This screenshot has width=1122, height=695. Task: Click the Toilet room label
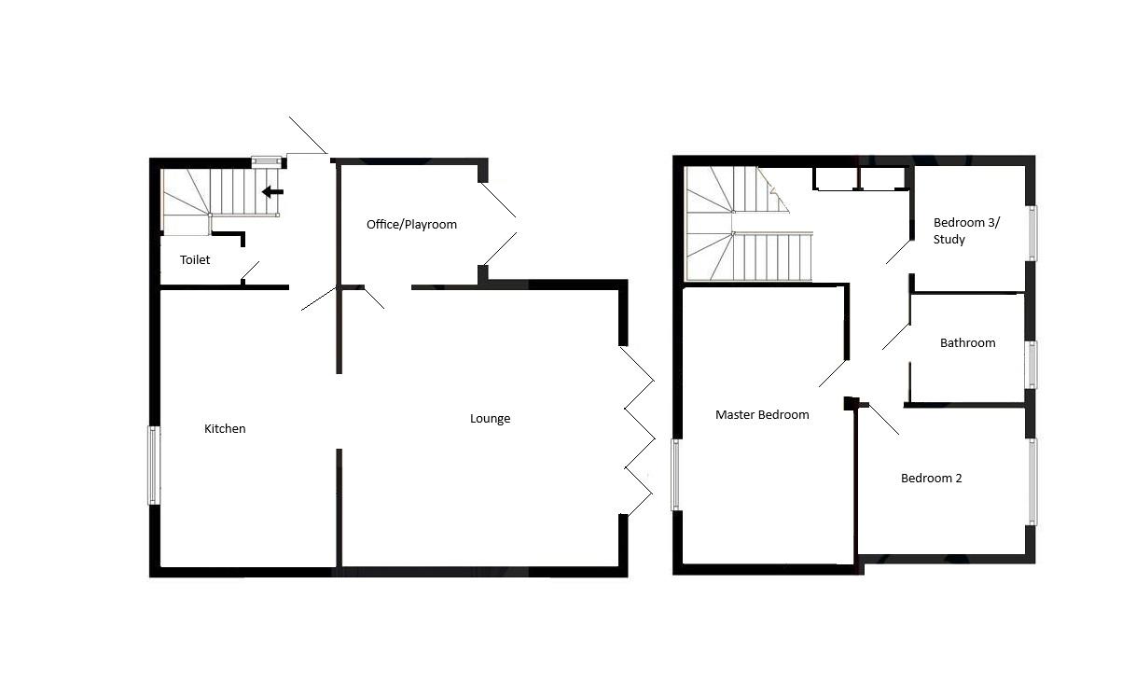pos(195,260)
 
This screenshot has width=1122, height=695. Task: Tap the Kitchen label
pos(225,429)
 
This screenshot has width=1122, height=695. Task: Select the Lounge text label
pos(490,419)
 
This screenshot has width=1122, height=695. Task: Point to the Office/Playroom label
pos(411,225)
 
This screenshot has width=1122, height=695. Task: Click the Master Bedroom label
pos(762,415)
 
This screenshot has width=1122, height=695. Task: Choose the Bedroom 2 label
pos(931,479)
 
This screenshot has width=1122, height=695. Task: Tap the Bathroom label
pos(967,343)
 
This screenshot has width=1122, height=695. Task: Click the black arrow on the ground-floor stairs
pos(272,192)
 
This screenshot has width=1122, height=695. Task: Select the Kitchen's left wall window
pos(154,465)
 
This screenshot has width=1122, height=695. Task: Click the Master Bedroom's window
pos(676,475)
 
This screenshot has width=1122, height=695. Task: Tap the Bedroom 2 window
pos(1032,480)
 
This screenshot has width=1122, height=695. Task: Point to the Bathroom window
pos(1031,364)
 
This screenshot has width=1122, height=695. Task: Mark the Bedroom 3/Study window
pos(1032,232)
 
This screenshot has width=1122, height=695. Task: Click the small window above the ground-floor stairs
pos(266,160)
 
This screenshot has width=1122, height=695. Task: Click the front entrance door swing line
pos(308,135)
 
